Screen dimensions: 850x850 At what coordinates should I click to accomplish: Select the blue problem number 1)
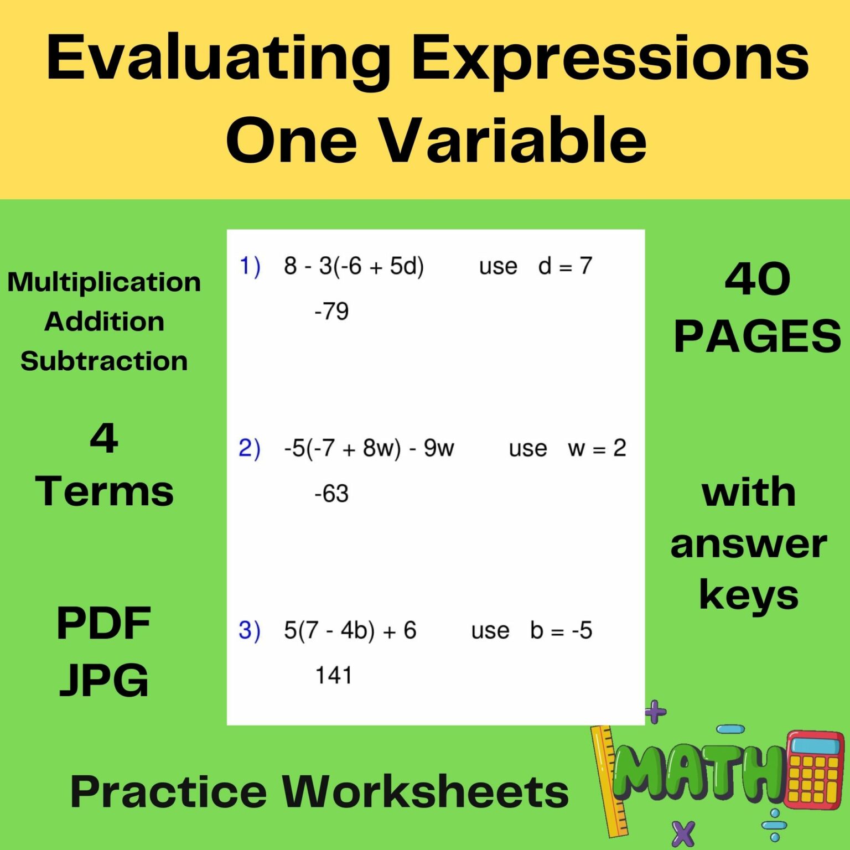[249, 266]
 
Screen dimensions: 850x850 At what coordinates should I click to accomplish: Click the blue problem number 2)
[249, 448]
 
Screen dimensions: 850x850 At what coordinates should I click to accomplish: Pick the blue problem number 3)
[249, 630]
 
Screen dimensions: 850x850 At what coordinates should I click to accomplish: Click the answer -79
[331, 312]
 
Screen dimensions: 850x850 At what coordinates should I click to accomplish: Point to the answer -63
[331, 494]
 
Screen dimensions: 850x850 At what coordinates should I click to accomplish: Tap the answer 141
[333, 676]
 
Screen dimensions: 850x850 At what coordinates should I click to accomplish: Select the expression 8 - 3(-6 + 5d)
[354, 266]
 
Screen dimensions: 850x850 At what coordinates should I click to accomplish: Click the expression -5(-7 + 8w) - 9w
[369, 448]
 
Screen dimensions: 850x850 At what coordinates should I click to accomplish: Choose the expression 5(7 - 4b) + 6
[350, 630]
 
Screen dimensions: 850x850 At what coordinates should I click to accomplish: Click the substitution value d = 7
[565, 266]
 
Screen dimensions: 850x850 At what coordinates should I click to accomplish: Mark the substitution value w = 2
[597, 448]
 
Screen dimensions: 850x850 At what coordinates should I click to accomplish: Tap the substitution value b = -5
[561, 630]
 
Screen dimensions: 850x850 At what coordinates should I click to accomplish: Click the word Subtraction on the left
[104, 361]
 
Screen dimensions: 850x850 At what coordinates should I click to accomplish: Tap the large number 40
[757, 279]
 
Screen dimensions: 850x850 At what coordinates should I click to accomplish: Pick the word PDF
[103, 623]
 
